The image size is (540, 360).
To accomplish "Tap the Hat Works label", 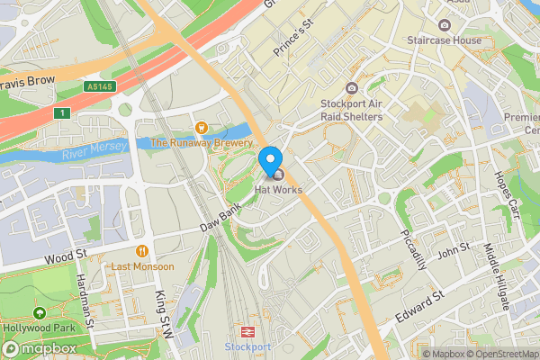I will pyautogui.click(x=279, y=190).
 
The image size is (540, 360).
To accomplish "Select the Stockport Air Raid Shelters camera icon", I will pyautogui.click(x=351, y=88).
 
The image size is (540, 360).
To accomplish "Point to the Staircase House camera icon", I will pyautogui.click(x=445, y=24).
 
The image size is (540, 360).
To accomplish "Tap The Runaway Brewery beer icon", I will pyautogui.click(x=202, y=128).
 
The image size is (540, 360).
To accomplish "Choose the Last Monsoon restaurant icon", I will pyautogui.click(x=141, y=251).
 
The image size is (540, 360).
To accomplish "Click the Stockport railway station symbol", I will pyautogui.click(x=247, y=331).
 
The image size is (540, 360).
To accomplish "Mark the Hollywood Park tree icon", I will pyautogui.click(x=39, y=313).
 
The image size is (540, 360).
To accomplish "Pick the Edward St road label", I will pyautogui.click(x=420, y=306).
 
